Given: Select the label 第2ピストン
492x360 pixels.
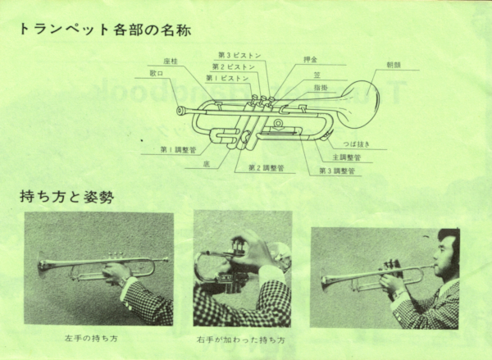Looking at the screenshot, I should pos(233,66).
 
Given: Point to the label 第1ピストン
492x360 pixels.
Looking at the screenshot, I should pos(227,78).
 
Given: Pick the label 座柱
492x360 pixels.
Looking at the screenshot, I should pos(171,62).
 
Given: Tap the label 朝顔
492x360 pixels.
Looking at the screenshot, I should pos(394,65).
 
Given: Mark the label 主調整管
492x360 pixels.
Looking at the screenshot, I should pos(346,157).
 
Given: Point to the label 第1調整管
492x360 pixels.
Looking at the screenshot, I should pos(177,149).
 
